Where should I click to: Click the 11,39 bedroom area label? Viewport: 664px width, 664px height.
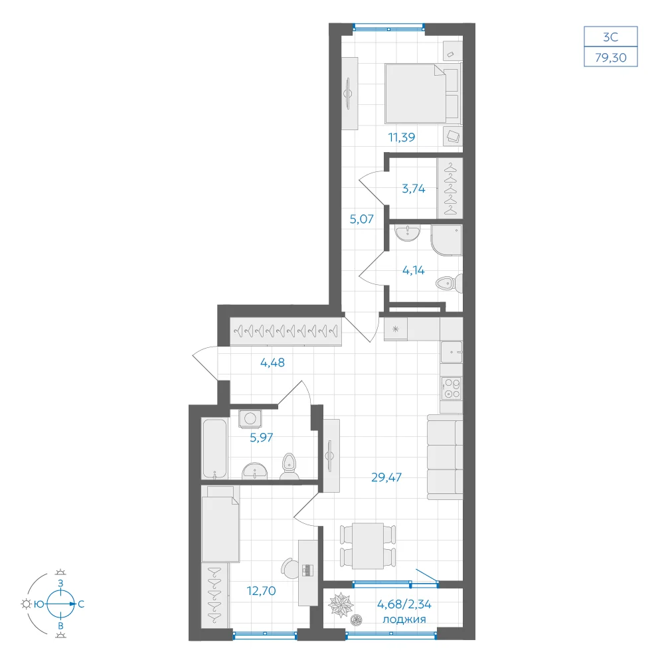(x=402, y=137)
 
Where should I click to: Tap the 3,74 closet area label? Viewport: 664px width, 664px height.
(x=413, y=189)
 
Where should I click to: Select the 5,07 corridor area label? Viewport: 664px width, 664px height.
(x=362, y=219)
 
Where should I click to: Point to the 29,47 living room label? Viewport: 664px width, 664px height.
(x=386, y=477)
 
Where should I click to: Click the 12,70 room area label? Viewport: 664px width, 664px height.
(x=261, y=591)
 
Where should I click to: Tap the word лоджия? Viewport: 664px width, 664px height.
(x=404, y=620)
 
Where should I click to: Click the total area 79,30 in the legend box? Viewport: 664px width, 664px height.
(x=611, y=57)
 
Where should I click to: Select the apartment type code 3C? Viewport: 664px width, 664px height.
(x=611, y=37)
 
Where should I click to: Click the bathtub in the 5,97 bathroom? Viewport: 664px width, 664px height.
(x=214, y=448)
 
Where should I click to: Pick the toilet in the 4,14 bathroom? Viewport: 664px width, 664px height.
(x=450, y=284)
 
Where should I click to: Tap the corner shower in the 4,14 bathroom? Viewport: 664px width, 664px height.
(x=446, y=240)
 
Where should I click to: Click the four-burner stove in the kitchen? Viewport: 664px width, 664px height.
(x=451, y=388)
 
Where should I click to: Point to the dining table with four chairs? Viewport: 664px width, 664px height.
(x=368, y=546)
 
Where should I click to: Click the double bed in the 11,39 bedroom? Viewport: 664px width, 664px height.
(x=422, y=93)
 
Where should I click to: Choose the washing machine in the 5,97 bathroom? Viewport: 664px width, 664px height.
(x=250, y=419)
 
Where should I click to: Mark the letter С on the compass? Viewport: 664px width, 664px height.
(x=81, y=604)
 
